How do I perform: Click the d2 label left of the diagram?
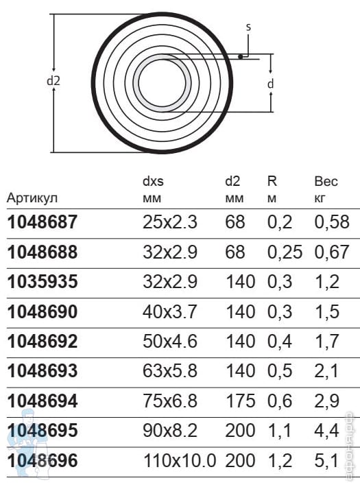point(53,81)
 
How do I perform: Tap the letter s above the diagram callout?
point(248,27)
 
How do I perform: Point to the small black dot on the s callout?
point(240,56)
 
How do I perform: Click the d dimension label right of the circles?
point(271,84)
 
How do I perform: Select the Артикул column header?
point(32,198)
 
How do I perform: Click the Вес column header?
point(326,181)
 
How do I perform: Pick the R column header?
point(272,181)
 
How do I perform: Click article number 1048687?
point(43,222)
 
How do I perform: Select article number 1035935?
point(43,282)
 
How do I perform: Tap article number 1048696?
point(43,460)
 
